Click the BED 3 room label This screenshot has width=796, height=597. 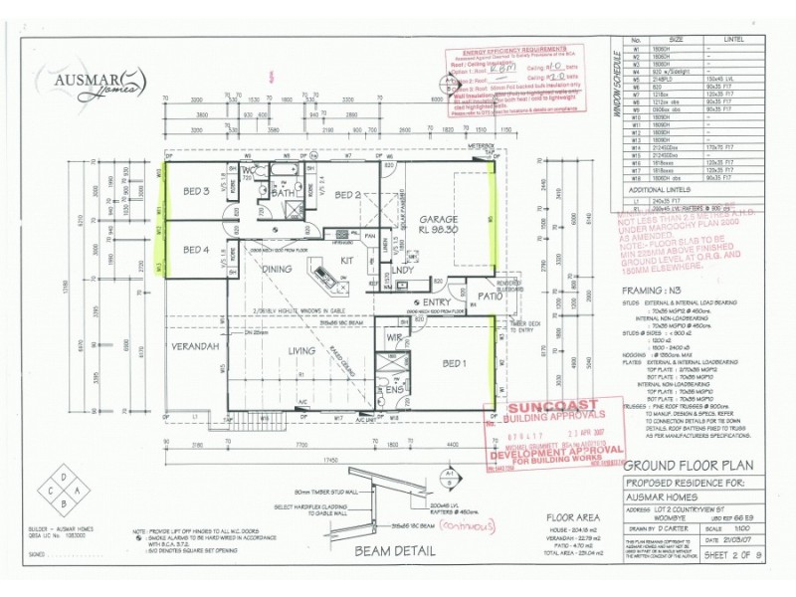click(x=195, y=191)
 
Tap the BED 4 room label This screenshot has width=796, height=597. click(x=195, y=250)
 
